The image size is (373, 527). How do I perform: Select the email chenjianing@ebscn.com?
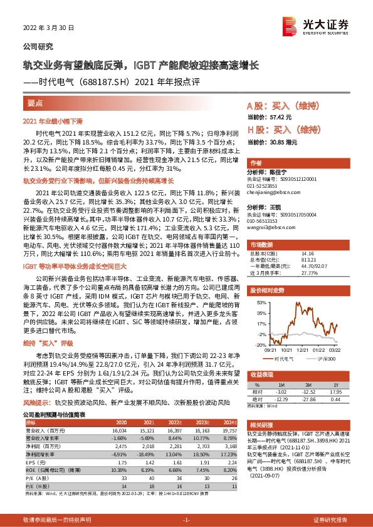(x=273, y=192)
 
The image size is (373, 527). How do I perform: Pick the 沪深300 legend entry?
(x=322, y=359)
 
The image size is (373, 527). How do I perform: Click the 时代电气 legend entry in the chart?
(x=285, y=359)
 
